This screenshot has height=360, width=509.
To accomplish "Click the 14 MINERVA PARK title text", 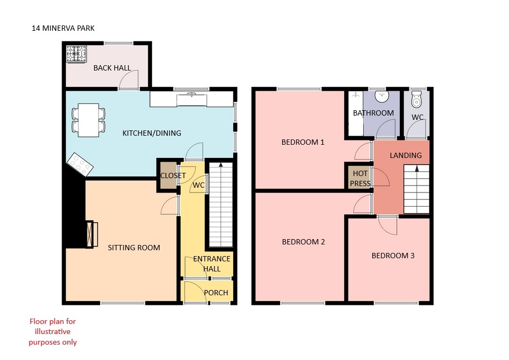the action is pos(63,28).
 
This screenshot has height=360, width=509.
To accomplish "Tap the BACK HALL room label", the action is pos(112,68).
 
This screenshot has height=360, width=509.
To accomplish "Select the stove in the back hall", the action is pos(76,54).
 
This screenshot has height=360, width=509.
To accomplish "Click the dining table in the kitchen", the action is pos(89,120).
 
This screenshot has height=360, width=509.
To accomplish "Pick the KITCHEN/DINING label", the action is pos(152,133).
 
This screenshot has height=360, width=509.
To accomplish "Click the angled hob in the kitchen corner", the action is pos(80,164).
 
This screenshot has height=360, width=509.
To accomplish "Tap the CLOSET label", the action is pos(173,175).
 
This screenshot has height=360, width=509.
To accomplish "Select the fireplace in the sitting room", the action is pos(92,234).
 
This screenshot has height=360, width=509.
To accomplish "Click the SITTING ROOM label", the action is pos(134,248).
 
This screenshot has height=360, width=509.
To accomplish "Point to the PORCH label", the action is pos(216,293).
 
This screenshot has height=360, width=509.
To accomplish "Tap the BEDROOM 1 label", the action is pos(303,142).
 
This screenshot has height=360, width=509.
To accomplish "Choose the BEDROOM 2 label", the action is pos(303,242).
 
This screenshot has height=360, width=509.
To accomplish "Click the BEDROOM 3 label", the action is pos(393,256).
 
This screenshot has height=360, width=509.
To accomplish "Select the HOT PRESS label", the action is pos(360,179).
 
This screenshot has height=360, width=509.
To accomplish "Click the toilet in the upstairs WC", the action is pos(416,99).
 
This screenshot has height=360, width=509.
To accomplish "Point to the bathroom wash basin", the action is pos(382,96).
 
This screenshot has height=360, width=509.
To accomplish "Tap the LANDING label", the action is pos(406,155).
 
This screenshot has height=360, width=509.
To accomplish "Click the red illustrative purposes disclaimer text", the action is pos(52,332).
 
